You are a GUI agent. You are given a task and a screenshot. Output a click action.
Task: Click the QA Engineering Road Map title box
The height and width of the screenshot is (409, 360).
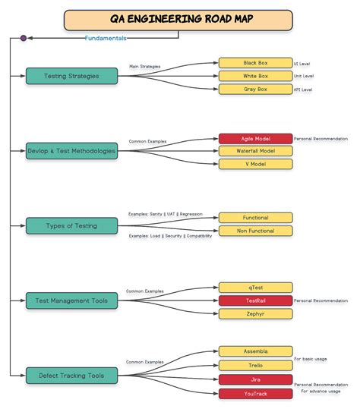pos(178,20)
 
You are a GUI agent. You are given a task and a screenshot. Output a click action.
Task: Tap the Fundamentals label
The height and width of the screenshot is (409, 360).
pos(106,38)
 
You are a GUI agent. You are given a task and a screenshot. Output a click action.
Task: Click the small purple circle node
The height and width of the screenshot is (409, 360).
pos(24,37)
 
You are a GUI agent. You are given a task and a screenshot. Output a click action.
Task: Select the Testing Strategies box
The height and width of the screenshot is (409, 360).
pos(72,76)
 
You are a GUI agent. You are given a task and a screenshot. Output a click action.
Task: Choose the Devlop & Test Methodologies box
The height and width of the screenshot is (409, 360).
pos(72,151)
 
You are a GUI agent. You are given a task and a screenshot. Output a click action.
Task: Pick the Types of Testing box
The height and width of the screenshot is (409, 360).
pos(72,225)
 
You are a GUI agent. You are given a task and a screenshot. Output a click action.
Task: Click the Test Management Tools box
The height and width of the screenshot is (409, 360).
pos(72,300)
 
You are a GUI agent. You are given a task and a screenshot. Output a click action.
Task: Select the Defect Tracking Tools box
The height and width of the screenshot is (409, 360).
pos(72,376)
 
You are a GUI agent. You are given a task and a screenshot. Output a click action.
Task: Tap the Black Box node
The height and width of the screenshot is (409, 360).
pos(255,63)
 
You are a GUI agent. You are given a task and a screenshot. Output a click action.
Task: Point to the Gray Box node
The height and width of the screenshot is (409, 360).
pos(255,90)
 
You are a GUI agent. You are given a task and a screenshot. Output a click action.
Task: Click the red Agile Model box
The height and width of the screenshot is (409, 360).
pos(255,139)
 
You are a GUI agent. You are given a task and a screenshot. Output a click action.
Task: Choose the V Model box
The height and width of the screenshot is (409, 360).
pos(255,164)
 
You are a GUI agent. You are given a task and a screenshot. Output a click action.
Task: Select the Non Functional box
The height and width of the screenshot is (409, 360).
pos(255,231)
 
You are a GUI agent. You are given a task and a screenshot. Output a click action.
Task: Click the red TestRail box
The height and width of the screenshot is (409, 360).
pos(255,300)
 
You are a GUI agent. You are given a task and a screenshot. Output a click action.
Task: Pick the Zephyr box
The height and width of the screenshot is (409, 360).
pos(255,313)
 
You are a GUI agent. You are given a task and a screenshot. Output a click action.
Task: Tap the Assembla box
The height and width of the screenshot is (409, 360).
pos(255,351)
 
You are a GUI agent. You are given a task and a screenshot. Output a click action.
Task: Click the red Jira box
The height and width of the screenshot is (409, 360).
pos(255,379)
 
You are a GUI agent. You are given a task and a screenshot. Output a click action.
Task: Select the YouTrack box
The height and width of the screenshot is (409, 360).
pos(255,394)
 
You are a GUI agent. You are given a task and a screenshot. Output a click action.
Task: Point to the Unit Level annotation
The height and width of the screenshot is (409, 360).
pos(304,77)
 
